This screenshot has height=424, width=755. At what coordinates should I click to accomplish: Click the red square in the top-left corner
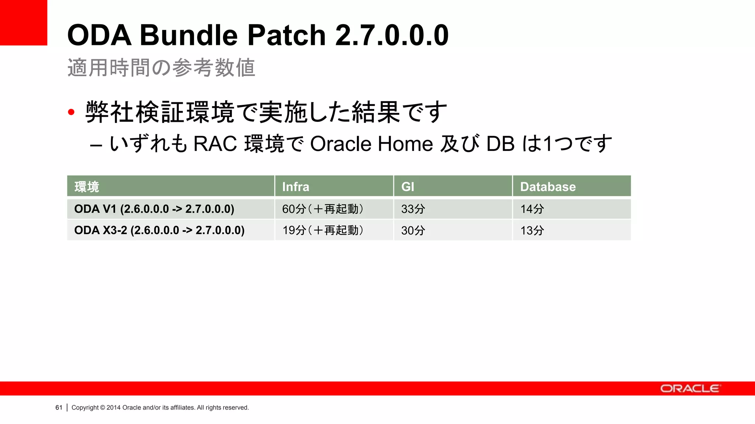click(x=23, y=22)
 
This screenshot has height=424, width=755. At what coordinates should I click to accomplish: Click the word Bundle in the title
click(x=188, y=35)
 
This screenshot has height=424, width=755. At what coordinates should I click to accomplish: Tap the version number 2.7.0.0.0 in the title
click(x=392, y=35)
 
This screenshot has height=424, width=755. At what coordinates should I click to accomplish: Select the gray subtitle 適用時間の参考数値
click(x=161, y=68)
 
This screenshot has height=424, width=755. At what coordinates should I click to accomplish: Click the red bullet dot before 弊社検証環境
click(x=71, y=112)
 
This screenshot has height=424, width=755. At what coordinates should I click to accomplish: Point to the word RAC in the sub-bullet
click(x=215, y=144)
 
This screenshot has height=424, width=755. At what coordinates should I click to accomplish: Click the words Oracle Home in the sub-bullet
click(x=371, y=144)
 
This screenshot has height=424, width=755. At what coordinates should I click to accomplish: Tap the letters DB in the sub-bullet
click(x=500, y=144)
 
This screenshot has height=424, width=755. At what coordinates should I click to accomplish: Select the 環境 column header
click(x=87, y=187)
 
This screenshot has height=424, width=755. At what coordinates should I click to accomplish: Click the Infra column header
click(x=296, y=187)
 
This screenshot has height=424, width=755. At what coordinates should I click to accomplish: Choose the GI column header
click(x=408, y=187)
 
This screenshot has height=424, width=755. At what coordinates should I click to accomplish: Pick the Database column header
click(x=548, y=187)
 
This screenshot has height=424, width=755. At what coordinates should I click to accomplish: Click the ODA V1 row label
click(x=154, y=209)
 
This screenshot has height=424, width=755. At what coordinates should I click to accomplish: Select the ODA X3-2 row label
click(x=159, y=230)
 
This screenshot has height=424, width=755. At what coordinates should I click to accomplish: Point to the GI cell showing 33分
click(x=413, y=209)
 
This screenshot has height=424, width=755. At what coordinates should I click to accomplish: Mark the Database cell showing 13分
click(x=532, y=230)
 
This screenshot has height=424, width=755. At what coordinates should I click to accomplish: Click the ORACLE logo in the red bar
click(x=689, y=389)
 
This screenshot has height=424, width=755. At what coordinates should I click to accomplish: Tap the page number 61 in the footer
click(x=59, y=407)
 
